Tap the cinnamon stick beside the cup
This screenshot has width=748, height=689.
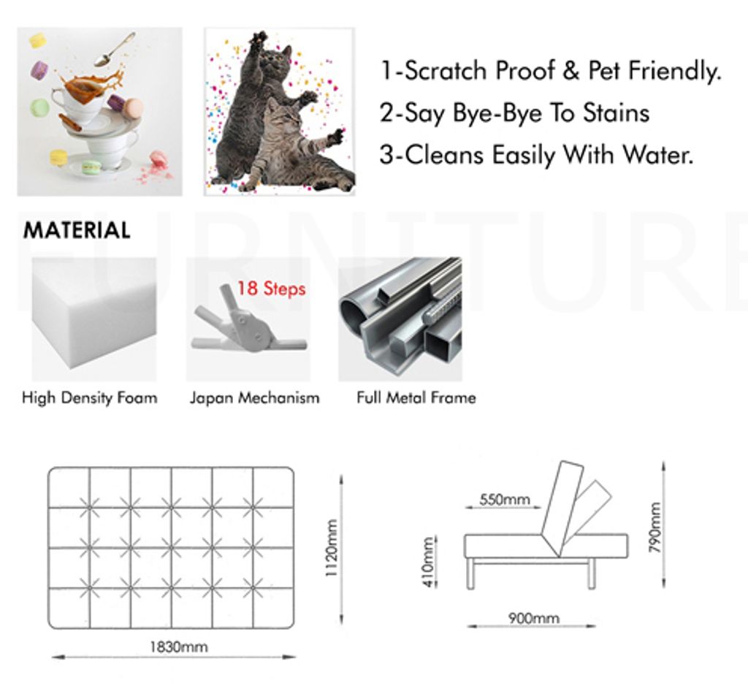pyautogui.click(x=71, y=122)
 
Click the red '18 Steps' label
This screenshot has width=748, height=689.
pyautogui.click(x=271, y=288)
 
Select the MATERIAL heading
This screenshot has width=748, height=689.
pyautogui.click(x=77, y=230)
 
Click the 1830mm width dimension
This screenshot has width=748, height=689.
pyautogui.click(x=179, y=647)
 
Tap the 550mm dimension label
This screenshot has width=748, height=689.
pyautogui.click(x=505, y=500)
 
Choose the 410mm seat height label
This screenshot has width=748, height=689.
pyautogui.click(x=428, y=562)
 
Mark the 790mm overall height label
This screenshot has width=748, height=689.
pyautogui.click(x=655, y=528)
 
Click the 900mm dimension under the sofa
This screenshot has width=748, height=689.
pyautogui.click(x=533, y=618)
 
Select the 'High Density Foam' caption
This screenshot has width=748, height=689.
pyautogui.click(x=90, y=397)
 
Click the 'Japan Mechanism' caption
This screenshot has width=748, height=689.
pyautogui.click(x=255, y=397)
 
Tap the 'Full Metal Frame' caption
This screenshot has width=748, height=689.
pyautogui.click(x=416, y=397)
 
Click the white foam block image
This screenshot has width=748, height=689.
pyautogui.click(x=94, y=319)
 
